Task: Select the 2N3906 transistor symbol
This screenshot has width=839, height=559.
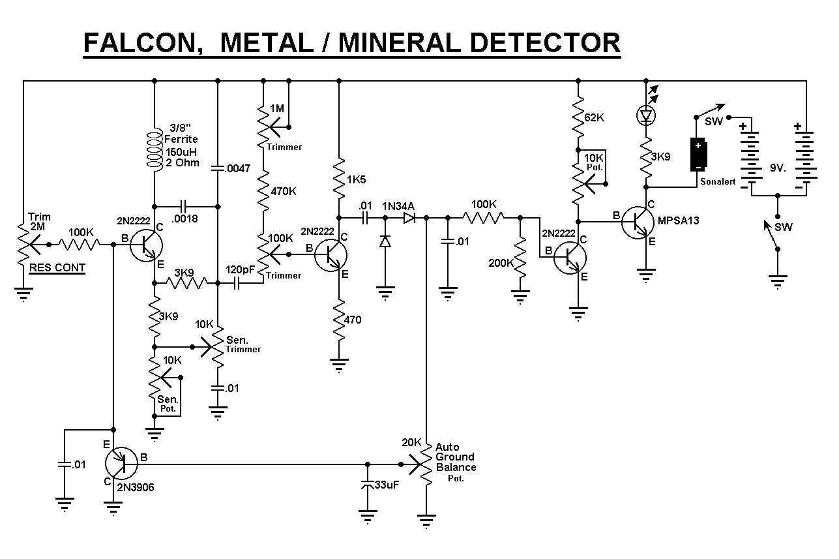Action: (121, 463)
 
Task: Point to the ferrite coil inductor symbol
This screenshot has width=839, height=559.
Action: (155, 151)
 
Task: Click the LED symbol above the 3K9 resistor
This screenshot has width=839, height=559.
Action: (646, 115)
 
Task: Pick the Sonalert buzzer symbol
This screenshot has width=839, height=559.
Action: (698, 155)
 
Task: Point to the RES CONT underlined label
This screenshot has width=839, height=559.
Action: (57, 268)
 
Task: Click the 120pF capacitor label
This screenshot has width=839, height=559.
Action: (241, 269)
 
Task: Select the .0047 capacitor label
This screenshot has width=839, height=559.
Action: (236, 168)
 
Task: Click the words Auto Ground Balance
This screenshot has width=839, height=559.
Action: (455, 457)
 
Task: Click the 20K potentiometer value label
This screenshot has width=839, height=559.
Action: (411, 442)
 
